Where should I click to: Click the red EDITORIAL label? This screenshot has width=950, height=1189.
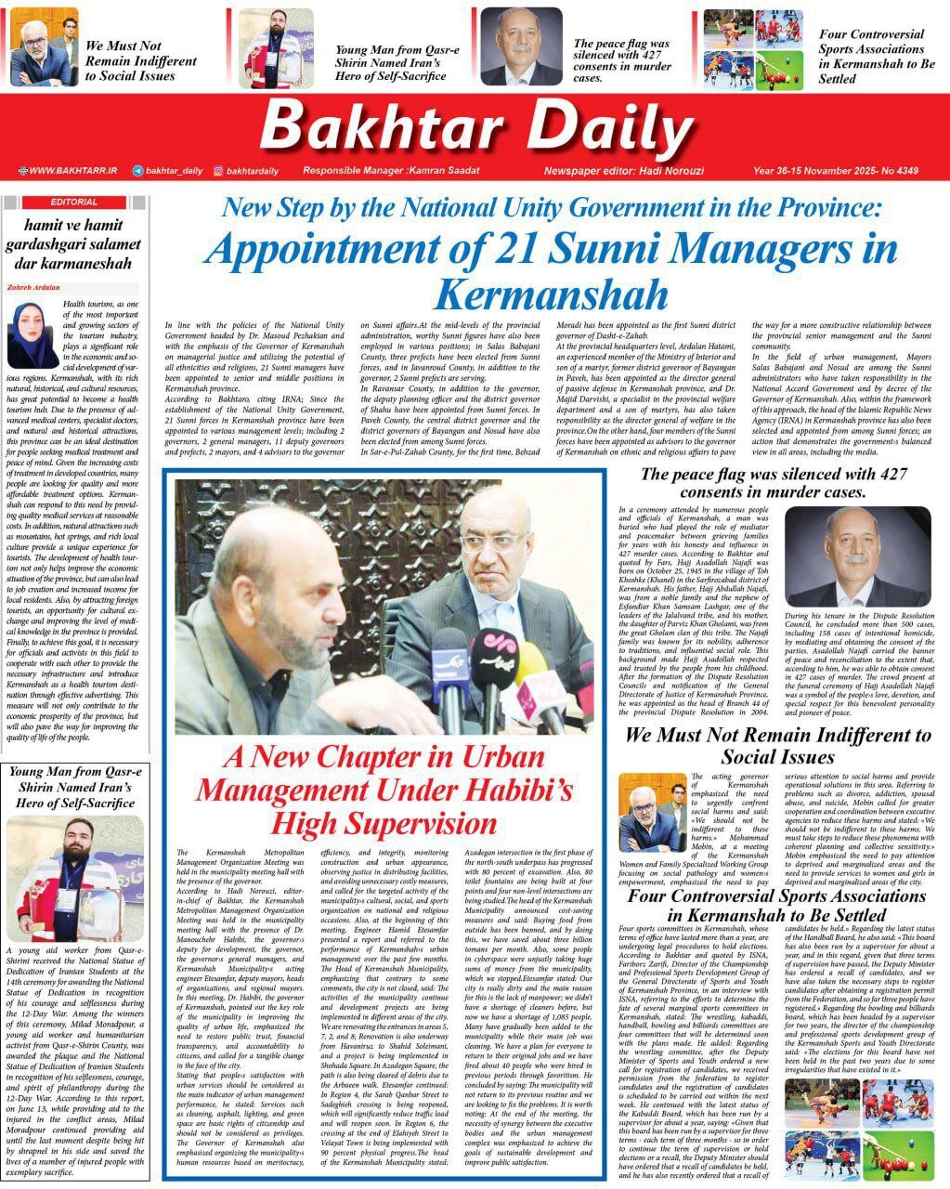point(74,202)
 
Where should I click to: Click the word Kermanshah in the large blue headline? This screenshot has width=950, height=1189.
point(550,294)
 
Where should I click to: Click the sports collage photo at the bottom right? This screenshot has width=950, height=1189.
point(861,1128)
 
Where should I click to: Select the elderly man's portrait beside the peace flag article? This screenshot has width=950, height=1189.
point(857,557)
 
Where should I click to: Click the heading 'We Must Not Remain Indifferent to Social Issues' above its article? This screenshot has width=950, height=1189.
point(776,746)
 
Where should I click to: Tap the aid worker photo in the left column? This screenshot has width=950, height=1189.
point(74,879)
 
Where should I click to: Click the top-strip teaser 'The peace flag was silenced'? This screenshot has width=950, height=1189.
point(622,61)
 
